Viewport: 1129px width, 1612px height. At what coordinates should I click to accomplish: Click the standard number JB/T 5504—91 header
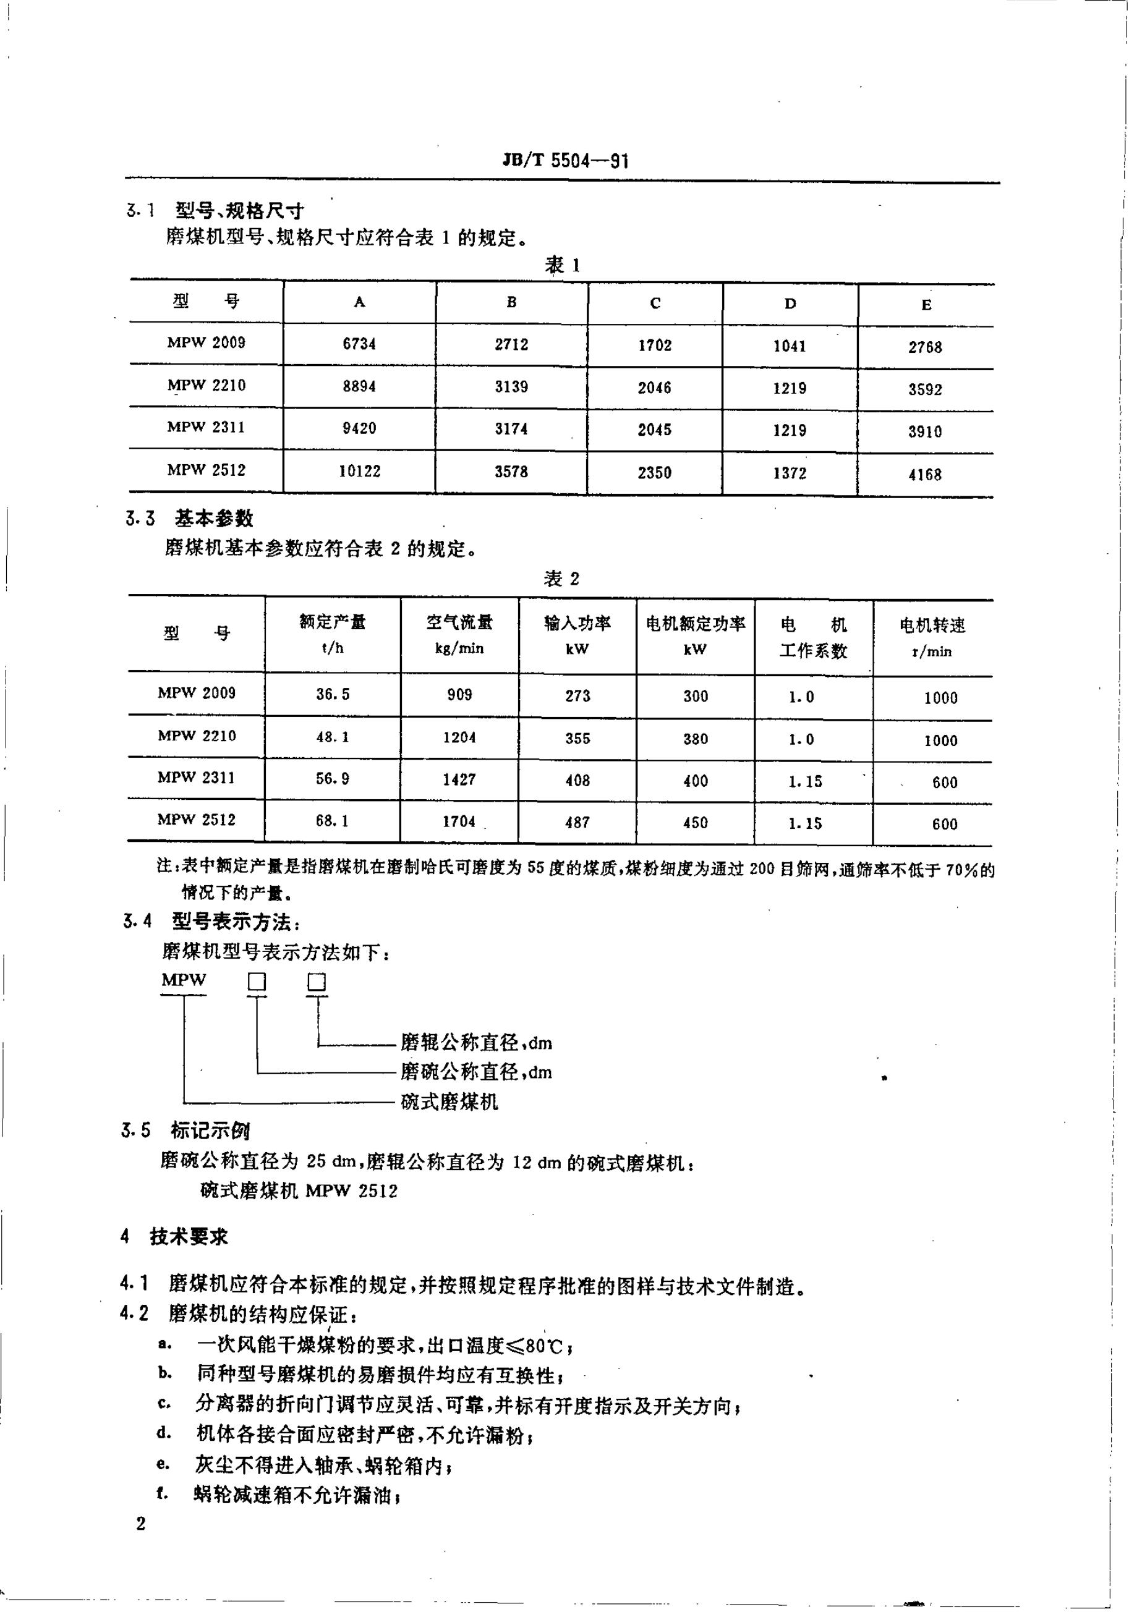(565, 161)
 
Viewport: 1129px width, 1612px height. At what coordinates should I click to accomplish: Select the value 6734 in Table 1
(359, 344)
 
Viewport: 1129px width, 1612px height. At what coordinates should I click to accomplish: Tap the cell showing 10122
(359, 471)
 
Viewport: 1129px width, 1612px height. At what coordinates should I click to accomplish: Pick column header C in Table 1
(654, 303)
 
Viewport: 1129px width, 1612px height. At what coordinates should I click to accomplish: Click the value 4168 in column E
(925, 475)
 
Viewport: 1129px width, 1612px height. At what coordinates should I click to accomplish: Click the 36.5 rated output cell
(332, 694)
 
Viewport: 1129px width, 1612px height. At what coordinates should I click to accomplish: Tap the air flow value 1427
(459, 779)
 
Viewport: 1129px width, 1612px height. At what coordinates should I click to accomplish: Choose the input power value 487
(577, 822)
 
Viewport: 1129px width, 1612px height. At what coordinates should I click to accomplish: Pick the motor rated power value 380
(695, 739)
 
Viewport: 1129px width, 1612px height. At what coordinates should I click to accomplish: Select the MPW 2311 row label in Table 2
(196, 778)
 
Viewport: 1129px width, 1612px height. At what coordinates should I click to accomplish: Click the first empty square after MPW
(257, 982)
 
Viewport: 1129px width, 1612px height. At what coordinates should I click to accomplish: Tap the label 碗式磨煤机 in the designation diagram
(449, 1101)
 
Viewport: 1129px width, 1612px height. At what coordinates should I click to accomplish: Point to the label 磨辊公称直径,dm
(476, 1043)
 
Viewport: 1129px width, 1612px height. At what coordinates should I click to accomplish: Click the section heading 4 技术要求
(175, 1236)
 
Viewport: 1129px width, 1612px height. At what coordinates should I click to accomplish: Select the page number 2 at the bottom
(140, 1524)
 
